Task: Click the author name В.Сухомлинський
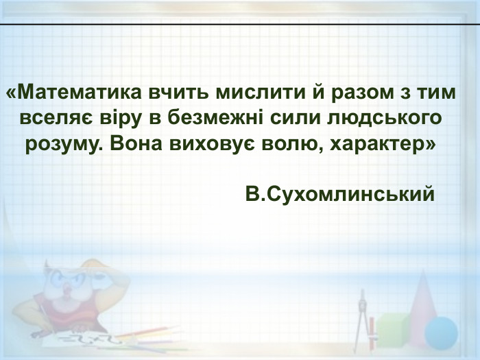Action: [x=340, y=195]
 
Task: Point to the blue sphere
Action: [x=440, y=333]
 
